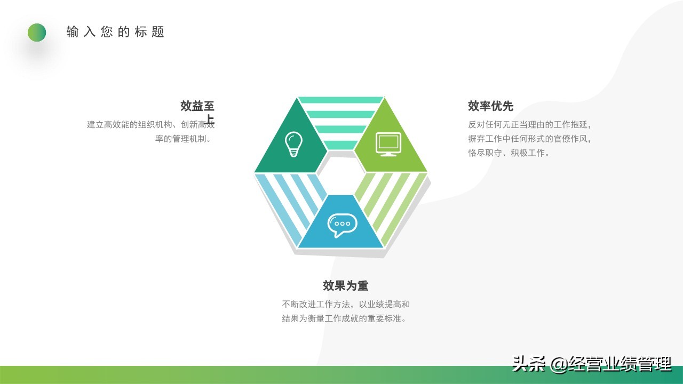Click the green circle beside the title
tap(37, 33)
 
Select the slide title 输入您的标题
tap(115, 32)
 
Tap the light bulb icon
tap(293, 144)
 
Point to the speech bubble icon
tap(341, 225)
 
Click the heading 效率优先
tap(490, 106)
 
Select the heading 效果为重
tap(345, 286)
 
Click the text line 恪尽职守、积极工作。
tap(509, 153)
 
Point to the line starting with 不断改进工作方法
tap(346, 305)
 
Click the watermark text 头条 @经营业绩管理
tap(591, 364)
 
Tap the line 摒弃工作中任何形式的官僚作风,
tap(530, 139)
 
